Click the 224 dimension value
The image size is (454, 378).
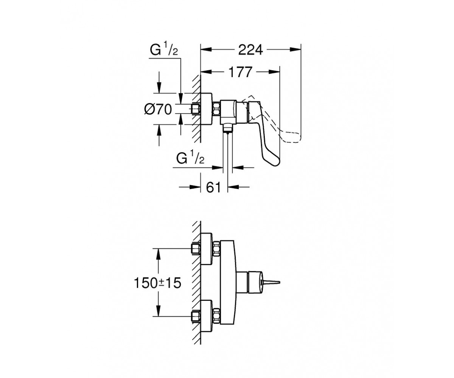click(250, 50)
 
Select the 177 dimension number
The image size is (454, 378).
click(240, 72)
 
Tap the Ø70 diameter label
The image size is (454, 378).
click(158, 109)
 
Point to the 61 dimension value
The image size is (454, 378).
click(213, 187)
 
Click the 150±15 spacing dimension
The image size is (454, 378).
click(157, 283)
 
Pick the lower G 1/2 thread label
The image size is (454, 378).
click(190, 158)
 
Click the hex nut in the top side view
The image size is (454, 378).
click(217, 109)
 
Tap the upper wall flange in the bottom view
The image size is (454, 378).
click(206, 249)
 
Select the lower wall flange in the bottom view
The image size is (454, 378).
click(206, 316)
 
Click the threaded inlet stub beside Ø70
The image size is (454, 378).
click(196, 108)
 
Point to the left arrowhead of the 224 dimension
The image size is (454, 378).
click(206, 50)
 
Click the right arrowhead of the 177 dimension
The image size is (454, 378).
click(274, 72)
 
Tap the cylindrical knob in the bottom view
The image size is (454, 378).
click(255, 282)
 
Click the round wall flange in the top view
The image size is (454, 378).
click(206, 109)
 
